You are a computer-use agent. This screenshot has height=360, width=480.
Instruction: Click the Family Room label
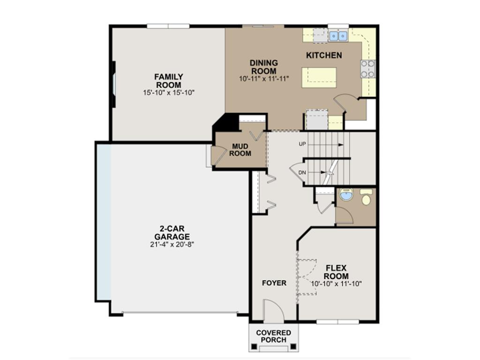click(169, 81)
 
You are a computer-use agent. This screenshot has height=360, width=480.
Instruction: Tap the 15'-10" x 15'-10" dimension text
click(169, 93)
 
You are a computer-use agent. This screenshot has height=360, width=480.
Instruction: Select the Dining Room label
click(263, 67)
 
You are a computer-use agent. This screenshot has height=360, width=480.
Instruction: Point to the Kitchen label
click(324, 55)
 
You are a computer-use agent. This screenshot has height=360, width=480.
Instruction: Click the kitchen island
click(319, 77)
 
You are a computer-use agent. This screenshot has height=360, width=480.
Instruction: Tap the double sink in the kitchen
click(337, 35)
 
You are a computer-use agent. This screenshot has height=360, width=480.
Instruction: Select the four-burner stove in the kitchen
click(368, 68)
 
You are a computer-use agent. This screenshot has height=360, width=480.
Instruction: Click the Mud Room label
click(241, 150)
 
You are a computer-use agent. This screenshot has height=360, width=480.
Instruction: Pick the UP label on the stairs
click(302, 144)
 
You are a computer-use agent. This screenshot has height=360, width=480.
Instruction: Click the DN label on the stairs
click(302, 172)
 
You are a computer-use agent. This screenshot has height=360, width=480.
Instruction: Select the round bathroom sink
click(346, 195)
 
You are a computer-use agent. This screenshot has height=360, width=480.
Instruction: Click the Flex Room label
click(336, 272)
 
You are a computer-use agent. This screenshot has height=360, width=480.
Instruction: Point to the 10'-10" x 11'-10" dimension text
click(336, 284)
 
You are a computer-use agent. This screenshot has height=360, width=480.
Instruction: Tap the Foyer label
click(274, 283)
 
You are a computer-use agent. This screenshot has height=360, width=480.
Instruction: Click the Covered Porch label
click(273, 336)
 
